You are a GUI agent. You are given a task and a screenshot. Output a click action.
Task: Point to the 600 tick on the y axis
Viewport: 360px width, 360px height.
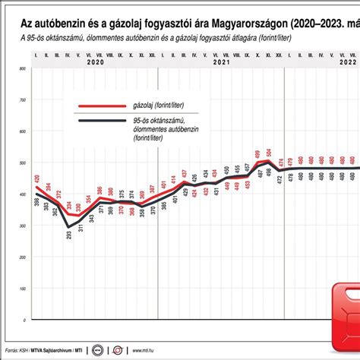[x=22, y=131]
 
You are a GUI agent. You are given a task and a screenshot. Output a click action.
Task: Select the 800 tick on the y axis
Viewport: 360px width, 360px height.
[x=22, y=69]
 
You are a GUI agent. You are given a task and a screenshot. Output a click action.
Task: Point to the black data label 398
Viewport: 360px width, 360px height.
[x=36, y=203]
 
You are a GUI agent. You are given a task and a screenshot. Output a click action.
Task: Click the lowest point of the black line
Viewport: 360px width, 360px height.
[x=68, y=227]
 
